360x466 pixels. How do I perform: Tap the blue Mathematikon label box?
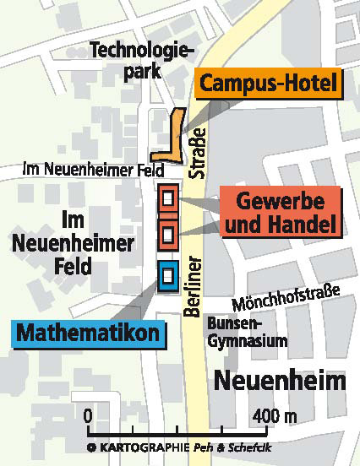[87, 332]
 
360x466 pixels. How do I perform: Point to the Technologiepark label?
[137, 61]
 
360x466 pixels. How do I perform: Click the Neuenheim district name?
[280, 380]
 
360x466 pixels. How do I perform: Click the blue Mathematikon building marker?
[167, 275]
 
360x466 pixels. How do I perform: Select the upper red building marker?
[167, 199]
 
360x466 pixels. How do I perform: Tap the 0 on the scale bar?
[88, 415]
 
